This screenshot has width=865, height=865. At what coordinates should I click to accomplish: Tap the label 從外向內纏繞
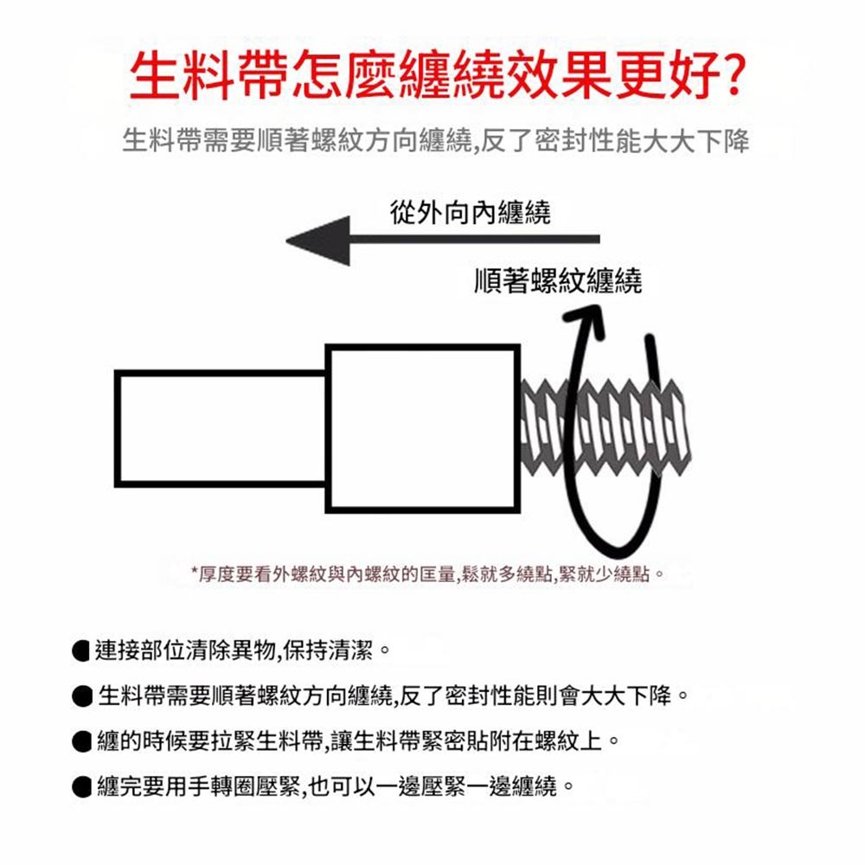coord(470,212)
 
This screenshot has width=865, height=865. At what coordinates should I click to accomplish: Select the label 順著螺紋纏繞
coord(558,280)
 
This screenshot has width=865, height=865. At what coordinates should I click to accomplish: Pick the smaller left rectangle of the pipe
coord(221,429)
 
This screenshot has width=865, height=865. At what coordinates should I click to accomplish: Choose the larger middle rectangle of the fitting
coord(423,428)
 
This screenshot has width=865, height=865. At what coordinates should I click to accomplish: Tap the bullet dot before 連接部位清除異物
coord(83,649)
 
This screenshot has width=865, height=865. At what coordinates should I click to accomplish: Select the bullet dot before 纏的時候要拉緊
coord(83,741)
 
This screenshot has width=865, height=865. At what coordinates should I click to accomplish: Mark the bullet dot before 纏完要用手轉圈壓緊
coord(83,787)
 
